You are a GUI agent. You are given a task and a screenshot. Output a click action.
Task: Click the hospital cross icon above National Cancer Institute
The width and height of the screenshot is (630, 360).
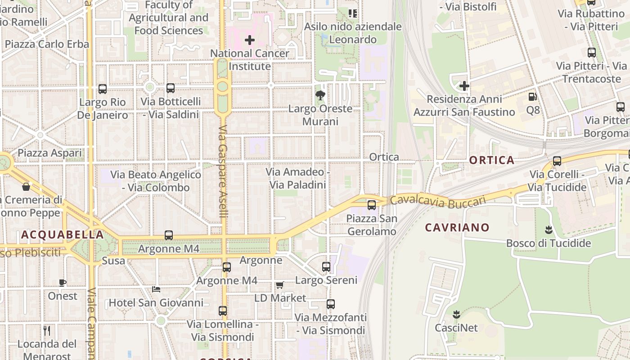point(250,40)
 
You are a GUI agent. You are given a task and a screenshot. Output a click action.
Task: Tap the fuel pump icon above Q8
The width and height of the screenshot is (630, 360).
point(532,96)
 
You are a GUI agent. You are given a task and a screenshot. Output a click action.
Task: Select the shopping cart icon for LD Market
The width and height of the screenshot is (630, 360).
point(279,285)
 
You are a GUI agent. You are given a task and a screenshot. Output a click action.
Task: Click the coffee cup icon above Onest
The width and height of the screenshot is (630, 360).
point(63,283)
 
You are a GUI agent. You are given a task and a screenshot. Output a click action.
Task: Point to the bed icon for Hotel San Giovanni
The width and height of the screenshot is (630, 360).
point(156,289)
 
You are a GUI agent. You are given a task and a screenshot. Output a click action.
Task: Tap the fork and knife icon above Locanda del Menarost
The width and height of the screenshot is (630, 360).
point(47,331)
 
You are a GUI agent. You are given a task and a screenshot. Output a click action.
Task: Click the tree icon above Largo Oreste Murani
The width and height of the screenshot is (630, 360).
point(320,95)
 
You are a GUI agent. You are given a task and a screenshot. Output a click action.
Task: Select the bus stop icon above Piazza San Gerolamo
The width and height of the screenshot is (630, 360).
point(371,205)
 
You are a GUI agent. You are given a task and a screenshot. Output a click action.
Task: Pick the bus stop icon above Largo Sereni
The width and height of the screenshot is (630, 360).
point(326,267)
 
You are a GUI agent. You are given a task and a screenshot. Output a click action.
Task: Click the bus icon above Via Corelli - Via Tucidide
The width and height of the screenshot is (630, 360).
point(557,161)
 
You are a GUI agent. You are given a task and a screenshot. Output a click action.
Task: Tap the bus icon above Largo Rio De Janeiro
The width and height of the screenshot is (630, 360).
point(103,89)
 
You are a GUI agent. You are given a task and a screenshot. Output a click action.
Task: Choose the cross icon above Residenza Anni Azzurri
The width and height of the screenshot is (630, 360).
point(464,85)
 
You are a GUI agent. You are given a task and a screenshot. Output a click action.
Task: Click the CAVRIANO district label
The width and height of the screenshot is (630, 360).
point(457,227)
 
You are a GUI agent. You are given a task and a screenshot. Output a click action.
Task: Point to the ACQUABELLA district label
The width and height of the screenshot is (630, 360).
point(63,234)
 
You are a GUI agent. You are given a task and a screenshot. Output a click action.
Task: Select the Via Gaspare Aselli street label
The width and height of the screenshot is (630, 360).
point(223,171)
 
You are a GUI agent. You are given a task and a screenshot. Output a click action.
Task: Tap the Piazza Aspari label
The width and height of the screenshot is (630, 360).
point(50,153)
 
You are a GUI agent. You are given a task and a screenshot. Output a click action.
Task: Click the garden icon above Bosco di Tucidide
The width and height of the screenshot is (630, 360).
point(548,230)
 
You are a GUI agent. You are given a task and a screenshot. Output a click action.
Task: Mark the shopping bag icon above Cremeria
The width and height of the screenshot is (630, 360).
point(26,186)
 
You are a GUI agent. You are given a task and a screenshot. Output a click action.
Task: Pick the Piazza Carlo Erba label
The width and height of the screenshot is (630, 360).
point(47,44)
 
